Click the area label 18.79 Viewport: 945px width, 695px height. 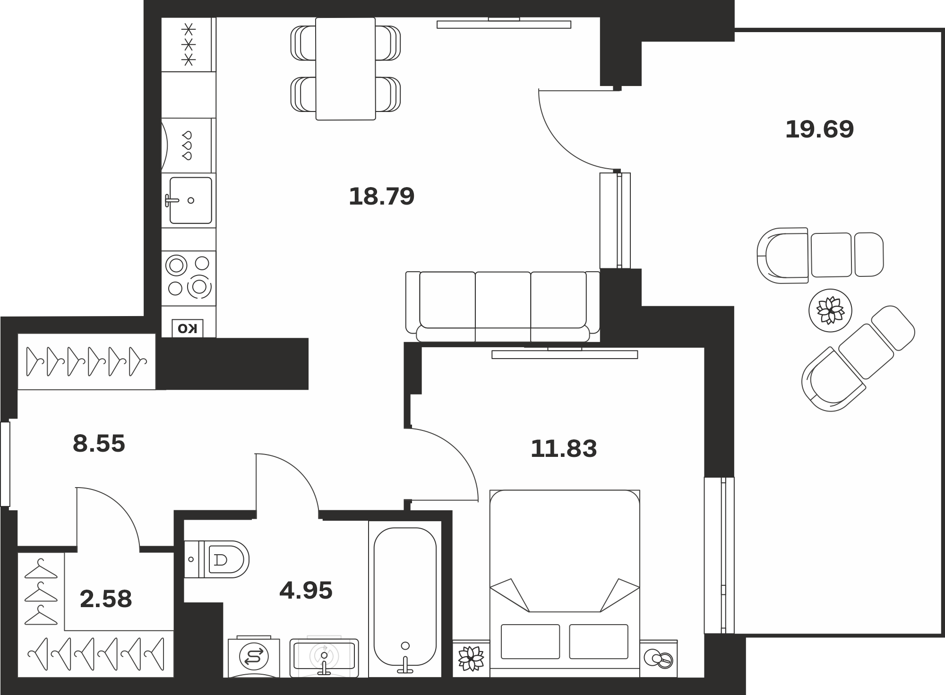pos(381,197)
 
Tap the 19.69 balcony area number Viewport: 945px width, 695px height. pos(819,129)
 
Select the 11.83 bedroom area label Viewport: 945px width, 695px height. pos(564,449)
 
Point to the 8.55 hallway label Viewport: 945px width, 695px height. pos(99,444)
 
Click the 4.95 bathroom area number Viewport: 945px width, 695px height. pos(306,591)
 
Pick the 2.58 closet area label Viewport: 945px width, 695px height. pos(106,599)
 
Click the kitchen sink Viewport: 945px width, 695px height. pos(189,200)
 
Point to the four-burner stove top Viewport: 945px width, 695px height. pos(189,278)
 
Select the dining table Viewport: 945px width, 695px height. pos(345,69)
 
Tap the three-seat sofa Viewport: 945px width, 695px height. pos(503,306)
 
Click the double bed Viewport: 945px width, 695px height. pos(565,583)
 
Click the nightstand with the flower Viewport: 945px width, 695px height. pos(471,658)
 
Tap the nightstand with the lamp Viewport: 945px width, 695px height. pos(659,659)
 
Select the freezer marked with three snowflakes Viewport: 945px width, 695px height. pos(189,45)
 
